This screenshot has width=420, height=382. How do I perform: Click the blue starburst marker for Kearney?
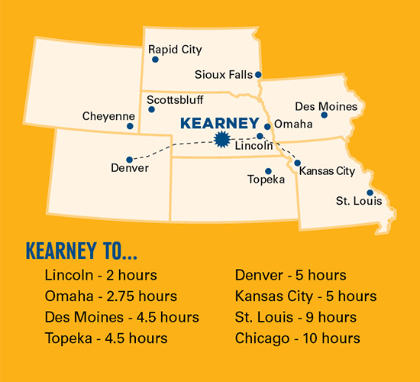[x=223, y=138]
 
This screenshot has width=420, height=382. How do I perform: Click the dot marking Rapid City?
[x=155, y=59]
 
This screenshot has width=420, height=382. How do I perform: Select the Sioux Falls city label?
[x=228, y=75]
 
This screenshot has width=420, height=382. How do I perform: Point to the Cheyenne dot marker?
[x=131, y=126]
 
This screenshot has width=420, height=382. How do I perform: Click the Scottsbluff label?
[x=175, y=99]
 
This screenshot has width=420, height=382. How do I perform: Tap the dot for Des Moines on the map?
[x=325, y=115]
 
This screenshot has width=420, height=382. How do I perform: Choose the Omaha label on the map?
[x=293, y=124]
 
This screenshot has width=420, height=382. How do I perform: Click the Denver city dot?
[x=129, y=159]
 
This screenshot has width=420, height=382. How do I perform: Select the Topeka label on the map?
[x=266, y=180]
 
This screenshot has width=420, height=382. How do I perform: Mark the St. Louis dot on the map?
[x=370, y=193]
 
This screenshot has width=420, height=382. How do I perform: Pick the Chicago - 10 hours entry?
[x=298, y=338]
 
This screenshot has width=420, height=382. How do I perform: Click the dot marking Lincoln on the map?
[x=260, y=136]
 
